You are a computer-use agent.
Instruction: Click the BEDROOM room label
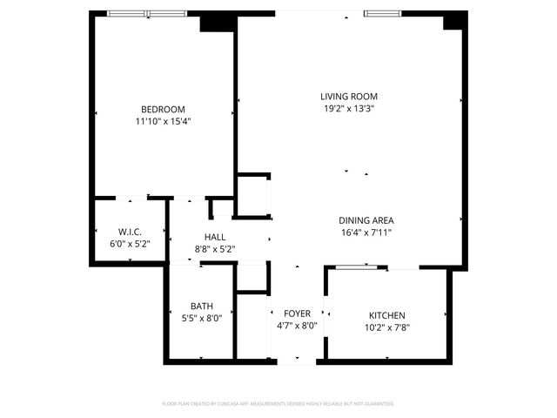pos(163,109)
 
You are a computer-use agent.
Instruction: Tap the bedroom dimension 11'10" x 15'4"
pos(163,122)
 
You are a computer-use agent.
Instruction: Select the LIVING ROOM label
pos(348,97)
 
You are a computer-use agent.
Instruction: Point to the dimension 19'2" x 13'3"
pos(348,109)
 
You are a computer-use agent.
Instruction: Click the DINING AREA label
pos(366,220)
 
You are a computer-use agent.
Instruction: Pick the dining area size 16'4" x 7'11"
pos(366,233)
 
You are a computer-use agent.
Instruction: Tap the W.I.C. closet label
pos(130,232)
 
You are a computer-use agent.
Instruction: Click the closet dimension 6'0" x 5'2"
pos(130,244)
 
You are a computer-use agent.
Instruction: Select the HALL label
pos(215,237)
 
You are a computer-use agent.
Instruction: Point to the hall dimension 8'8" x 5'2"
pos(215,249)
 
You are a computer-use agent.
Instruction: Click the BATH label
pos(202,306)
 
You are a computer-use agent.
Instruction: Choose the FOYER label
pos(297,313)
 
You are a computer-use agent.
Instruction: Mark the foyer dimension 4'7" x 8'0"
pos(297,326)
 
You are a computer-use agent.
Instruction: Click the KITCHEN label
pos(386,315)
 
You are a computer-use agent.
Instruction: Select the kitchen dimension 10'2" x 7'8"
pos(386,327)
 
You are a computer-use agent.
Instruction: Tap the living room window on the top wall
pos(383,13)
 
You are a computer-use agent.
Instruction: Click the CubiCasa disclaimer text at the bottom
pos(278,403)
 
